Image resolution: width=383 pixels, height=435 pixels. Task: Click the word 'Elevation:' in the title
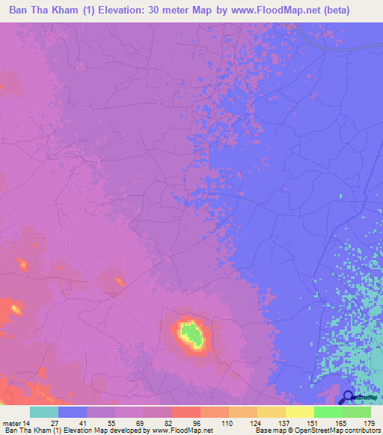pos(122,10)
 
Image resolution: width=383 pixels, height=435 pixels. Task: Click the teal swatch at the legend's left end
pos(44,412)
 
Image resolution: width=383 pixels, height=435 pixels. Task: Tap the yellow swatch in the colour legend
pos(300,412)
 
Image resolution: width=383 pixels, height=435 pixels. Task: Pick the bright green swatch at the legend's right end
pos(357,412)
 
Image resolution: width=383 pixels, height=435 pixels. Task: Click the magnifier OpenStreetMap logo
pos(348,398)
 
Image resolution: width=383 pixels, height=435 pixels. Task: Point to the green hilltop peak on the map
pos(192,334)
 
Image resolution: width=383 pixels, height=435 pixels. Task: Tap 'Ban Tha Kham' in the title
pos(39,10)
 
